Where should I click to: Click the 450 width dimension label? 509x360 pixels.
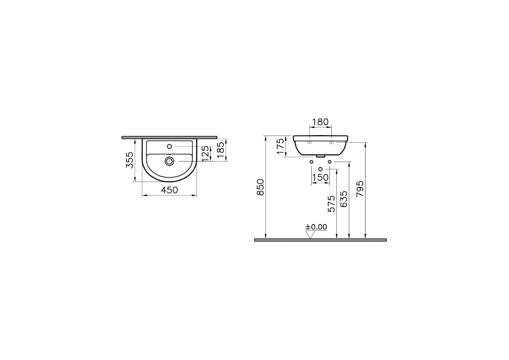(x=169, y=190)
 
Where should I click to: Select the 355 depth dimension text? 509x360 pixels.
(x=130, y=160)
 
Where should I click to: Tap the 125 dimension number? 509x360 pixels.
(x=205, y=154)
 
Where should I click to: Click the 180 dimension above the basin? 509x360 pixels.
(x=321, y=122)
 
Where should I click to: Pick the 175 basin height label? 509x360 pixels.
(x=281, y=146)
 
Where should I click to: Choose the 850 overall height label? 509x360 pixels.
(x=261, y=187)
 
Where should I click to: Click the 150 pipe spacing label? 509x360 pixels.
(x=320, y=177)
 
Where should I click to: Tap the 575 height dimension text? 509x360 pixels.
(x=332, y=204)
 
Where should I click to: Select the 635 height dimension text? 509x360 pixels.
(x=344, y=199)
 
